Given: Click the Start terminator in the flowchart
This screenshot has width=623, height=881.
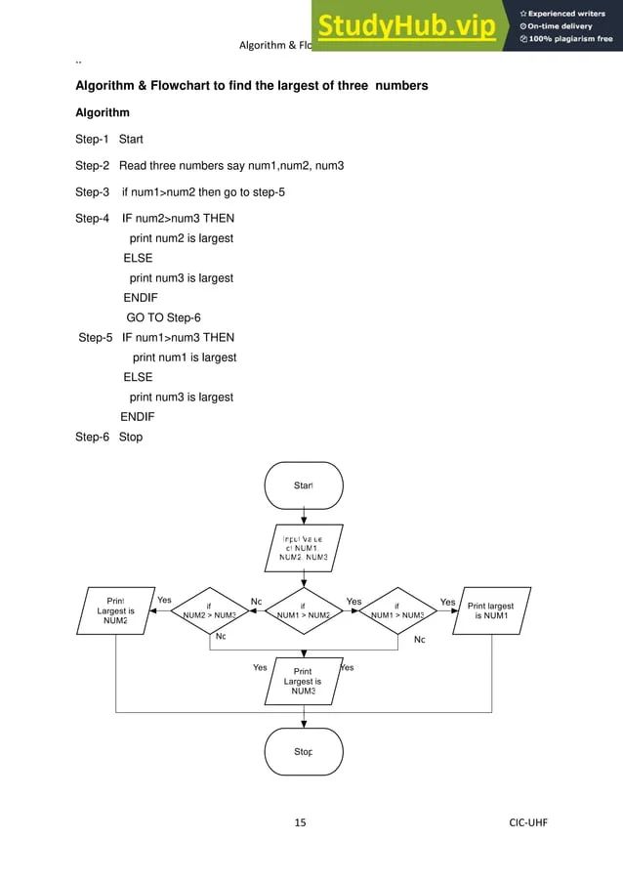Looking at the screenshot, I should pos(303,484).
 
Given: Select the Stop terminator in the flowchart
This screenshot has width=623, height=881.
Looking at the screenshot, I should pos(303,752).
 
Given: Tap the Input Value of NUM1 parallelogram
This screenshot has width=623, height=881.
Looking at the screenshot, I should pos(303,549).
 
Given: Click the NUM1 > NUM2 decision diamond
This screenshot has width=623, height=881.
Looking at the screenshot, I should pos(303,611).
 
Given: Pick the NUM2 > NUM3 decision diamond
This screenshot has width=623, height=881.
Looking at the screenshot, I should pos(210,611).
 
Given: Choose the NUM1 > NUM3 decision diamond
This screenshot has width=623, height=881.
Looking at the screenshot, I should pos(397,611).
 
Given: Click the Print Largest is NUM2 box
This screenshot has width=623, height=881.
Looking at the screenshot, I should pos(115,610).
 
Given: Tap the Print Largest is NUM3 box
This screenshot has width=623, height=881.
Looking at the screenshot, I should pos(303,681).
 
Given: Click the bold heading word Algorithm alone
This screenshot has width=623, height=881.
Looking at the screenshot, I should pos(103,113).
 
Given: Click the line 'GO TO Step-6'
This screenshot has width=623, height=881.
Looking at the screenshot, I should pos(163,317).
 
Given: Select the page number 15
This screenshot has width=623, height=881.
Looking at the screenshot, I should pos(301,822).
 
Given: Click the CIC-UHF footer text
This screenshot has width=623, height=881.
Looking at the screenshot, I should pos(528,822).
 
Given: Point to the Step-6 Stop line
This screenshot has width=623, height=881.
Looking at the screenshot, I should pos(108,437).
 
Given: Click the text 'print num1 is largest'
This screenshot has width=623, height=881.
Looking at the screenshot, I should pos(184,357).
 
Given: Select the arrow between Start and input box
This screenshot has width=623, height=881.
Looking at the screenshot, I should pos(304,517).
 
